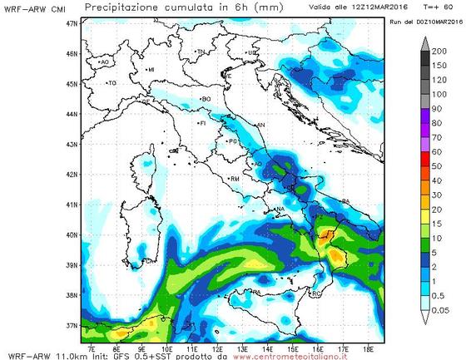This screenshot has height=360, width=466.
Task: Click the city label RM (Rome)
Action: tap(235, 179)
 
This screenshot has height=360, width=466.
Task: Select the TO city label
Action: tap(112, 83)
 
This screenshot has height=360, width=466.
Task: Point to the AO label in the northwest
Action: tap(104, 62)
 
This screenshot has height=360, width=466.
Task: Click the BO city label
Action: tap(206, 99)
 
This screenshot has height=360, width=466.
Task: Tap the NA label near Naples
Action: tap(280, 209)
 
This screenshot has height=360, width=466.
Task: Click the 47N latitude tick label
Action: tap(72, 24)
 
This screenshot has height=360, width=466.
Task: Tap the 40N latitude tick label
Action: tap(72, 234)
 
